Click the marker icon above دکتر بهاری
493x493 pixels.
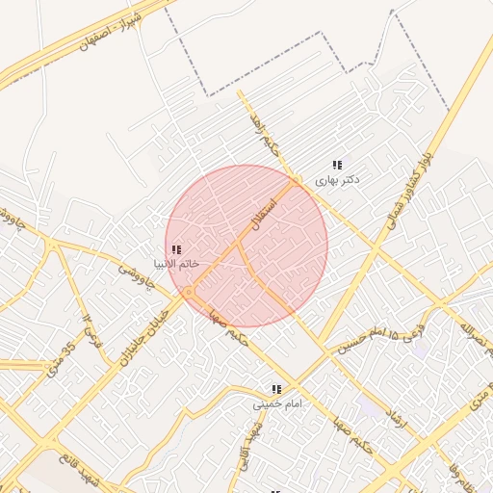click(337, 165)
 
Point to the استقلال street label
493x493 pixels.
click(263, 215)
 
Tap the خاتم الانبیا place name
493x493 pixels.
click(176, 263)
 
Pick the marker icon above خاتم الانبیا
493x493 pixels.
click(175, 248)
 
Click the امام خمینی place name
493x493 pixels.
click(277, 404)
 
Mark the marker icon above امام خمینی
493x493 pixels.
click(276, 389)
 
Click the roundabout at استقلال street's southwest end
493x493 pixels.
click(190, 291)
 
